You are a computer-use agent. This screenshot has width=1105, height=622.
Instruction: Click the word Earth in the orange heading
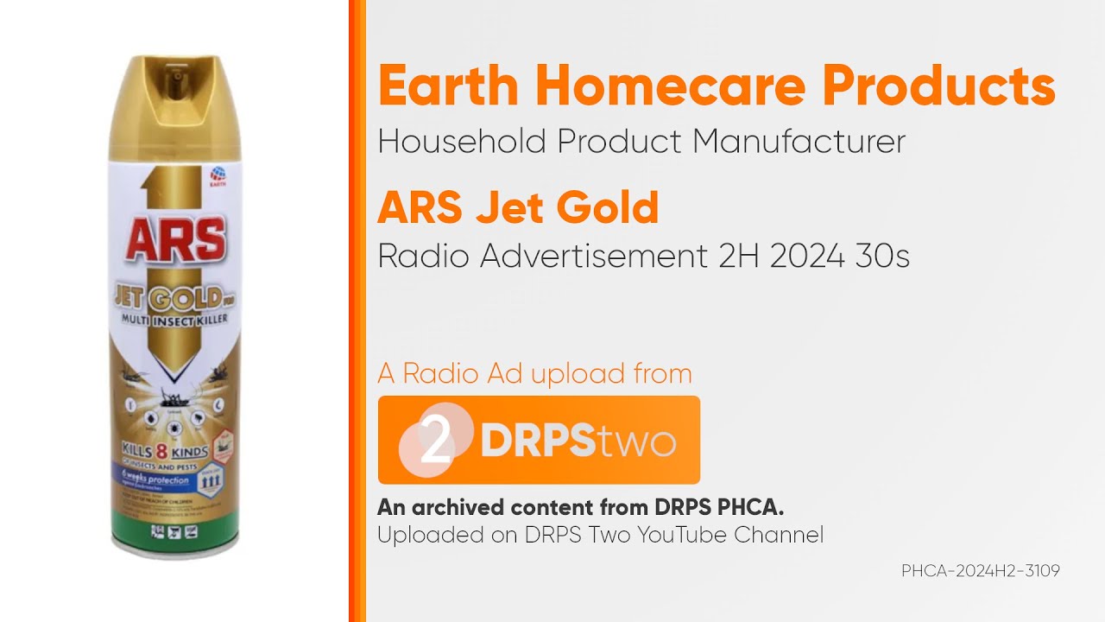[x=449, y=87]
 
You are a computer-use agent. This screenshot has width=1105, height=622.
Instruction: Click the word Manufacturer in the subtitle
[x=799, y=141]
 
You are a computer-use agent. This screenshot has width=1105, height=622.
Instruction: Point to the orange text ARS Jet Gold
[x=518, y=207]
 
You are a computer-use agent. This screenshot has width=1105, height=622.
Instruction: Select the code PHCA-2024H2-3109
[x=980, y=571]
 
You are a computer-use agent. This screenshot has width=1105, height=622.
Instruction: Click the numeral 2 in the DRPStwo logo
[x=436, y=441]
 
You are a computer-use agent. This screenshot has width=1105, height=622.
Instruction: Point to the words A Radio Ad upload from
[x=534, y=373]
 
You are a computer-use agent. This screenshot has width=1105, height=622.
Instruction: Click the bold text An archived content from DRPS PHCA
[x=580, y=506]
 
